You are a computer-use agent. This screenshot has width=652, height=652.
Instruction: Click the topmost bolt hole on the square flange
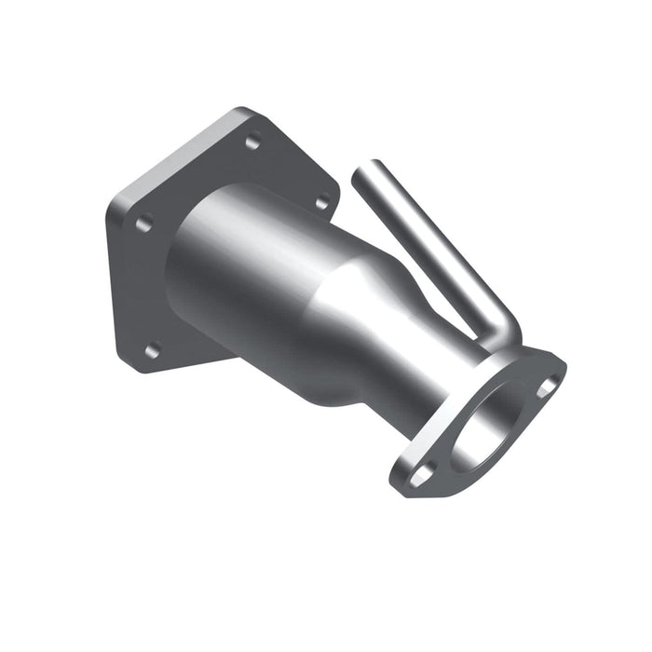tap(251, 143)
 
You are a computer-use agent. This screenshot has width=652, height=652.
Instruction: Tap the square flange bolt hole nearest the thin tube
tap(321, 201)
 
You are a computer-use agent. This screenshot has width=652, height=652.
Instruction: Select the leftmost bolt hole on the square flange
tap(144, 224)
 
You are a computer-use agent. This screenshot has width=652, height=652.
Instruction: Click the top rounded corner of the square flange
tap(244, 112)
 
